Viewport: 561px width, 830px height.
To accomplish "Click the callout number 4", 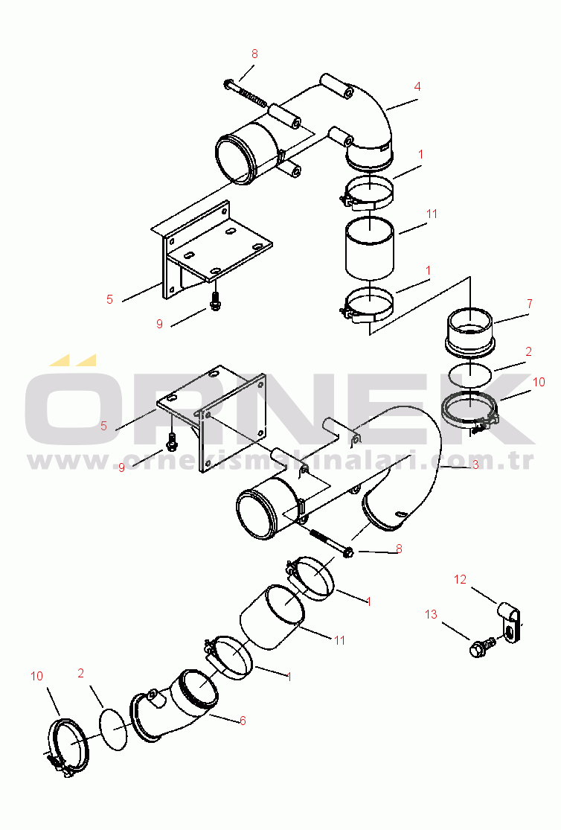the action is (417, 86).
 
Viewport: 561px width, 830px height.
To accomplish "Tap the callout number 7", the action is (529, 304).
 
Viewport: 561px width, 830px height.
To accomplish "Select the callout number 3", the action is (475, 465).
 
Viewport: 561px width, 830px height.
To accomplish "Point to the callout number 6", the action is (243, 721).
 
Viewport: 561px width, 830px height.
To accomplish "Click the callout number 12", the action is (460, 580).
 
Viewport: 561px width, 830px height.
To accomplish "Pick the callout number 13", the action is (432, 614).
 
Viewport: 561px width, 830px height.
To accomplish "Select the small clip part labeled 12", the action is (510, 622).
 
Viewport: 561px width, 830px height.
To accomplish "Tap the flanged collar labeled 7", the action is (470, 330).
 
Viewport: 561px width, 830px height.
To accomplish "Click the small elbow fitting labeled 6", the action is (175, 704).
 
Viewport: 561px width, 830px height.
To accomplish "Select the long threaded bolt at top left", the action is (246, 92).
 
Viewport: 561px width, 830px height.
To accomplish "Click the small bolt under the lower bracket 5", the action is (171, 441).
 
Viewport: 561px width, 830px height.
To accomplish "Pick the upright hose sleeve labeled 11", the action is (370, 247).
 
